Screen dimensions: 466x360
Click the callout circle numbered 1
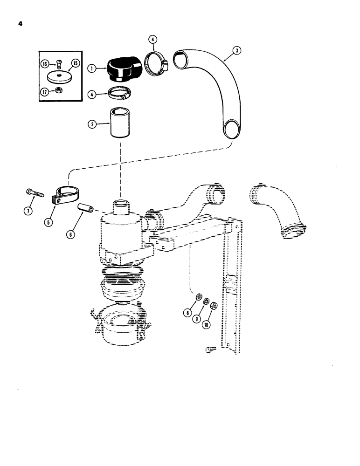click(x=91, y=68)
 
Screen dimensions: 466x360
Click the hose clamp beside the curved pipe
click(x=156, y=64)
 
